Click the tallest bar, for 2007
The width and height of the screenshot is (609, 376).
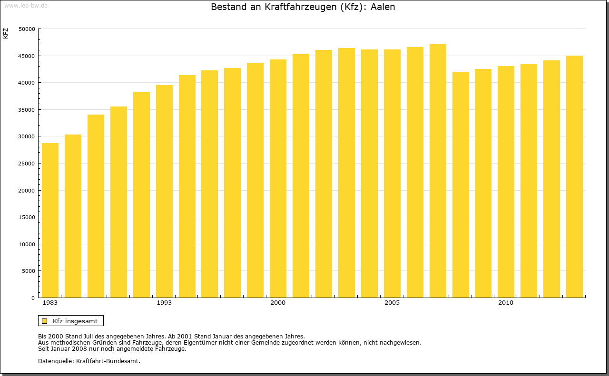click(438, 171)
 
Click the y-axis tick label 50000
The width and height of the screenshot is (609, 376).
click(27, 29)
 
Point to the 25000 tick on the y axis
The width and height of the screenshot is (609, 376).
click(27, 164)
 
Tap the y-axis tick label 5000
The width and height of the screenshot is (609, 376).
click(29, 271)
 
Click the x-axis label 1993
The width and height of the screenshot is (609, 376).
click(164, 303)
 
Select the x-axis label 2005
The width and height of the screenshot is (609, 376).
click(392, 303)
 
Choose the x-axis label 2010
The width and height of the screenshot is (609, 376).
click(506, 303)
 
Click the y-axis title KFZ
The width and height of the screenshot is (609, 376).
click(6, 33)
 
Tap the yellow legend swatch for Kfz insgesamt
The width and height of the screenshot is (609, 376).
click(45, 321)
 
